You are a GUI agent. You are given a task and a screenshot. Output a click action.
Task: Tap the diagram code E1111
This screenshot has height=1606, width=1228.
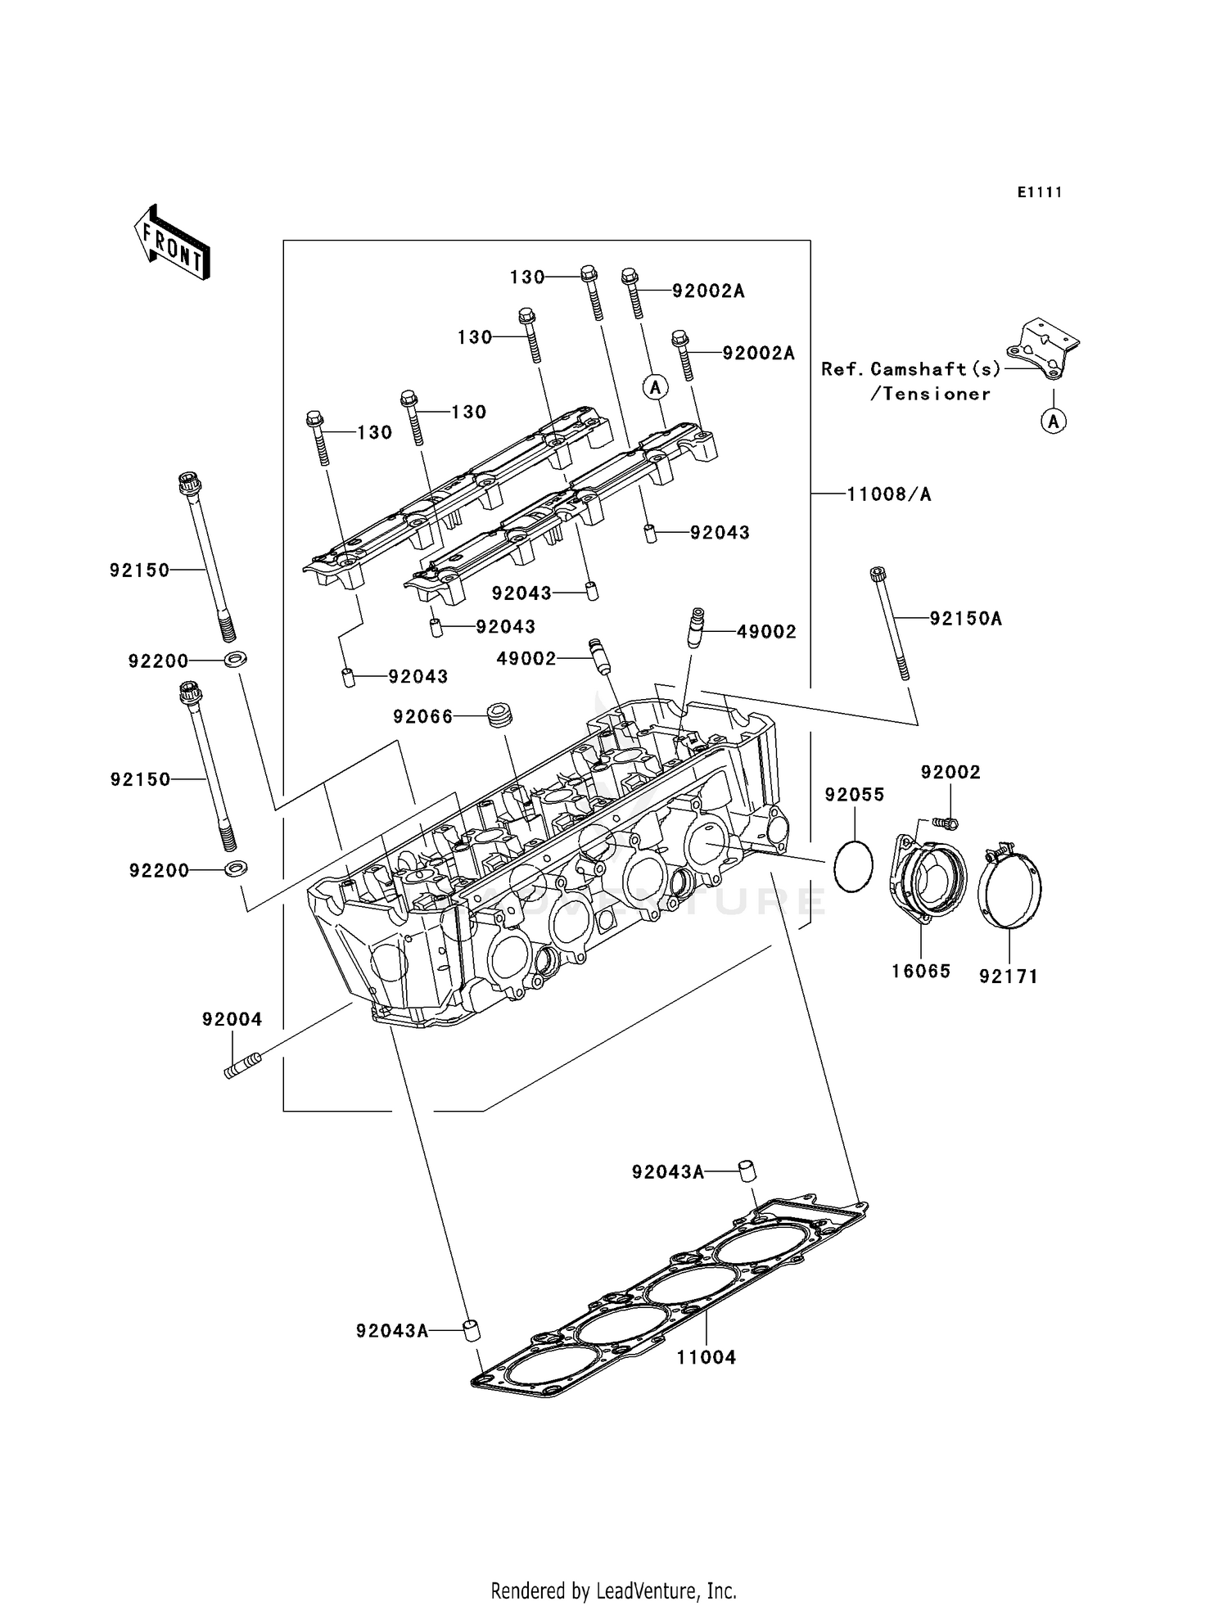pyautogui.click(x=1040, y=192)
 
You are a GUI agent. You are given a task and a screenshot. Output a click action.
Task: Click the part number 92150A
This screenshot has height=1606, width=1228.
pyautogui.click(x=965, y=619)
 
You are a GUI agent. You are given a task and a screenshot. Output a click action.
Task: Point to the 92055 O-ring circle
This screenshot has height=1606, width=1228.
pyautogui.click(x=853, y=865)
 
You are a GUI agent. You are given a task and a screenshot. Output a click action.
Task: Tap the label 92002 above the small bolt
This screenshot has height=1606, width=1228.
pyautogui.click(x=950, y=772)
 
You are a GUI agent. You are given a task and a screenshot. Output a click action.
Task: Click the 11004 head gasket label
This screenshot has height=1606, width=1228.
pyautogui.click(x=706, y=1357)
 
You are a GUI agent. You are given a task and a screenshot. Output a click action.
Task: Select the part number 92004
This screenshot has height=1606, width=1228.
pyautogui.click(x=232, y=1019)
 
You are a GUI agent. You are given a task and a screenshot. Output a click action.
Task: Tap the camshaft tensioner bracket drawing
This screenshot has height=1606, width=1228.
pyautogui.click(x=1042, y=350)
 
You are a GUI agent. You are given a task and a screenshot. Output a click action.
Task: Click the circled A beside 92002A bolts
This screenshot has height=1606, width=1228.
pyautogui.click(x=655, y=386)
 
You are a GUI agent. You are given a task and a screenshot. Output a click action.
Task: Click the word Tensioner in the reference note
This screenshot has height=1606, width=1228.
pyautogui.click(x=930, y=395)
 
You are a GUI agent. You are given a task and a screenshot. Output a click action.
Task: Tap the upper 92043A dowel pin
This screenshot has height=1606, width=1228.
pyautogui.click(x=747, y=1170)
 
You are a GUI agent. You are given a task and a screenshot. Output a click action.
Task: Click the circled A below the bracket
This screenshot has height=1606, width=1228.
pyautogui.click(x=1054, y=422)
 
